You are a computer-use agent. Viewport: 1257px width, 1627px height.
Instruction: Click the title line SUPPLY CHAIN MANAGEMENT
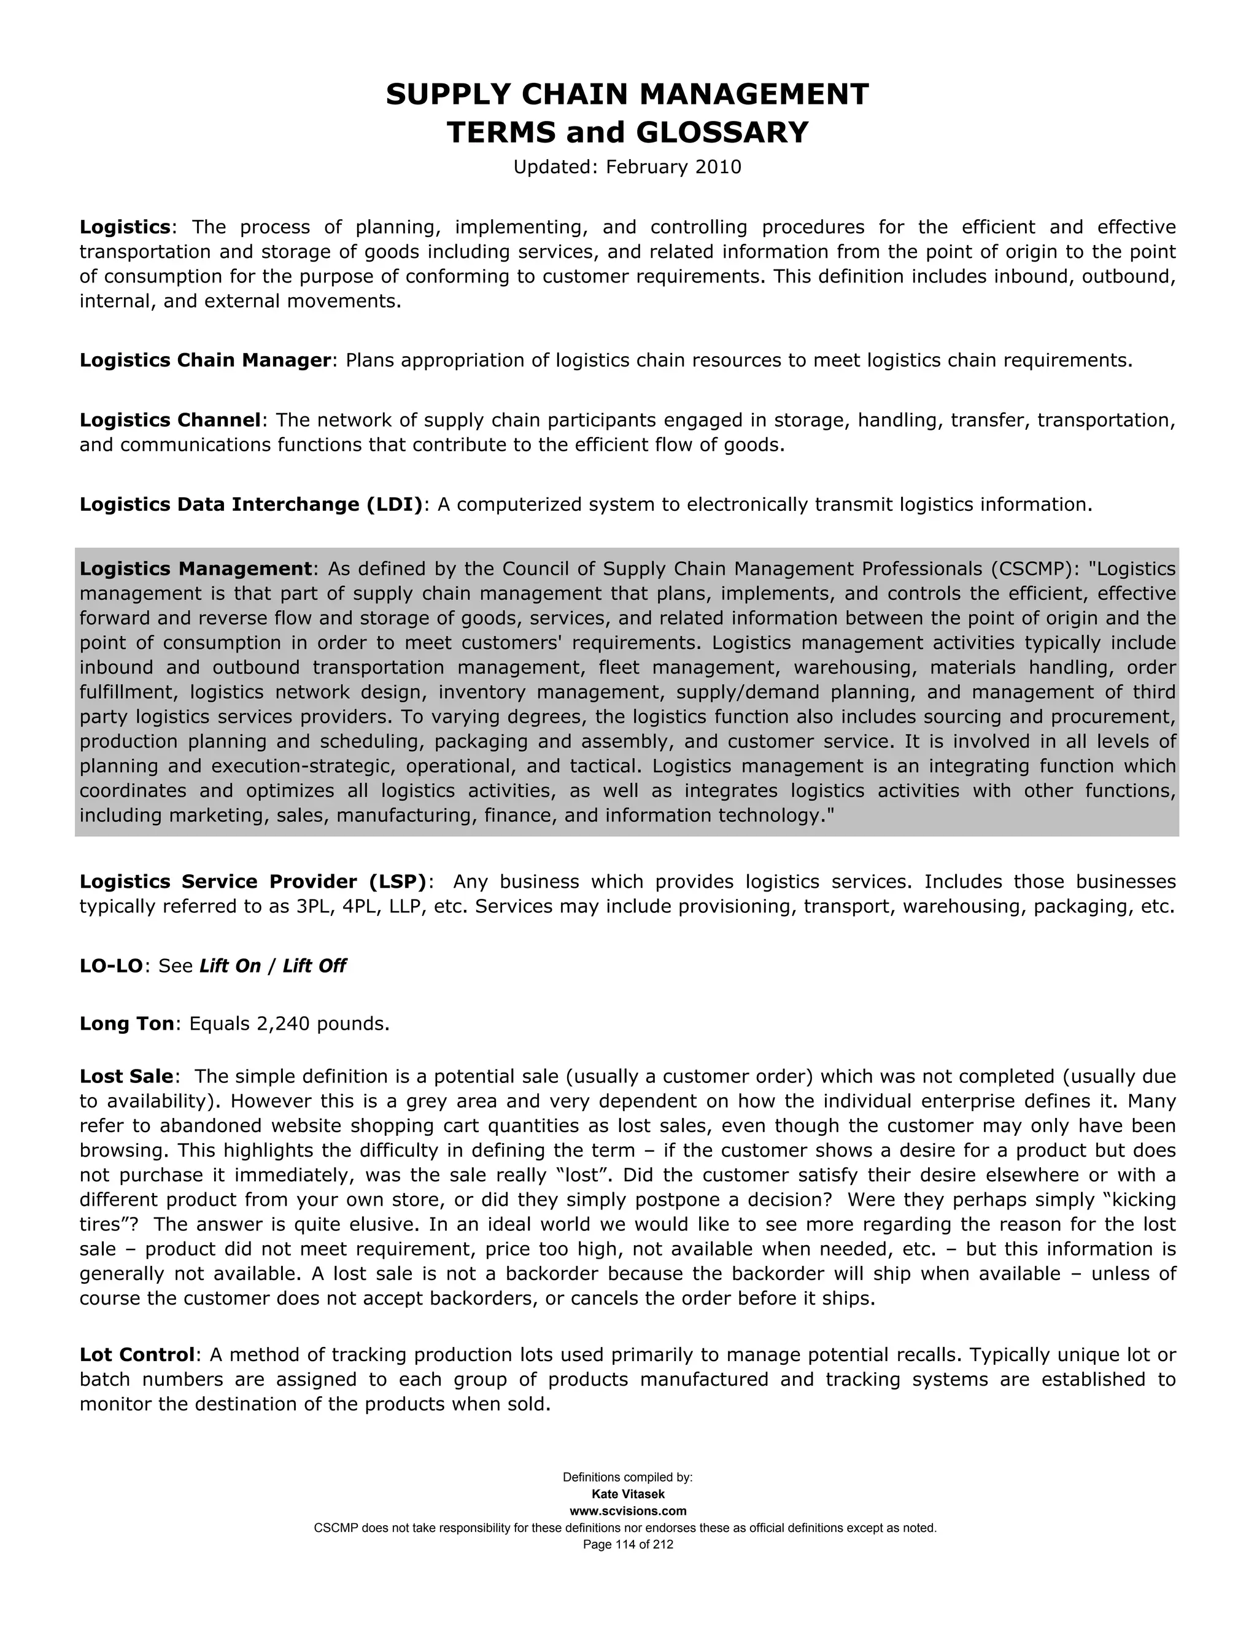(627, 95)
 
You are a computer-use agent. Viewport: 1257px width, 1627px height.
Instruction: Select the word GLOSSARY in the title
(722, 133)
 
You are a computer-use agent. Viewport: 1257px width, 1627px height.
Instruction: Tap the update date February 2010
(673, 167)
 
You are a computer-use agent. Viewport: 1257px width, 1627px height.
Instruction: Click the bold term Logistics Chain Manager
(205, 360)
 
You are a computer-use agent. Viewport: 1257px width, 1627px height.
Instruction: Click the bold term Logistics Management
(195, 569)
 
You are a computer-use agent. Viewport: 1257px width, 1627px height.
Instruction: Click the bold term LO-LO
(111, 966)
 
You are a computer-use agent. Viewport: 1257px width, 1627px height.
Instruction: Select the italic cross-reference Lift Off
(314, 966)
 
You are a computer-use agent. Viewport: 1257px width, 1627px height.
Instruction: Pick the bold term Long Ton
(126, 1023)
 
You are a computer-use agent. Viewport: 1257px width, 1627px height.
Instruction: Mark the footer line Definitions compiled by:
(628, 1477)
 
